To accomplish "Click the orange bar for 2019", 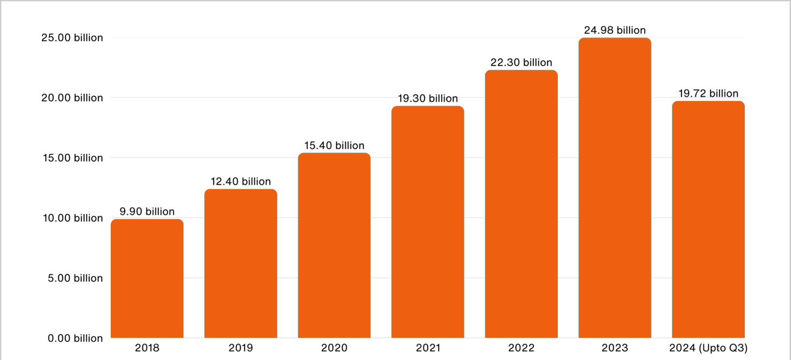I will [x=241, y=263].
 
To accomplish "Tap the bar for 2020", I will [x=334, y=246].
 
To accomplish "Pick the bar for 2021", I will [x=428, y=222].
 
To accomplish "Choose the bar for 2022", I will [x=521, y=204].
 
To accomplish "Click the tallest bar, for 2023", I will [x=615, y=188].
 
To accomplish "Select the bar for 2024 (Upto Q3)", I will [x=708, y=219].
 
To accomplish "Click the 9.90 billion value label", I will [x=147, y=212].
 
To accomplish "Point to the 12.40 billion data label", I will [x=241, y=182].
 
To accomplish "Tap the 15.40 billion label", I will [x=334, y=146].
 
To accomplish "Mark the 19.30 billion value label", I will [x=428, y=98].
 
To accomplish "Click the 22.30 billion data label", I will [x=521, y=62].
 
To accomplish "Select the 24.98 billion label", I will [x=615, y=30].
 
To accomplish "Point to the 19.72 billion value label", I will [x=708, y=93].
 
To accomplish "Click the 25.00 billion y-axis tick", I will [x=72, y=38].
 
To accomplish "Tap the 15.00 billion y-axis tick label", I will [x=72, y=158].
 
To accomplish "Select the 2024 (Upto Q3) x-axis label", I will [x=708, y=348].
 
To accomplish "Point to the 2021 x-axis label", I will [x=428, y=348].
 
